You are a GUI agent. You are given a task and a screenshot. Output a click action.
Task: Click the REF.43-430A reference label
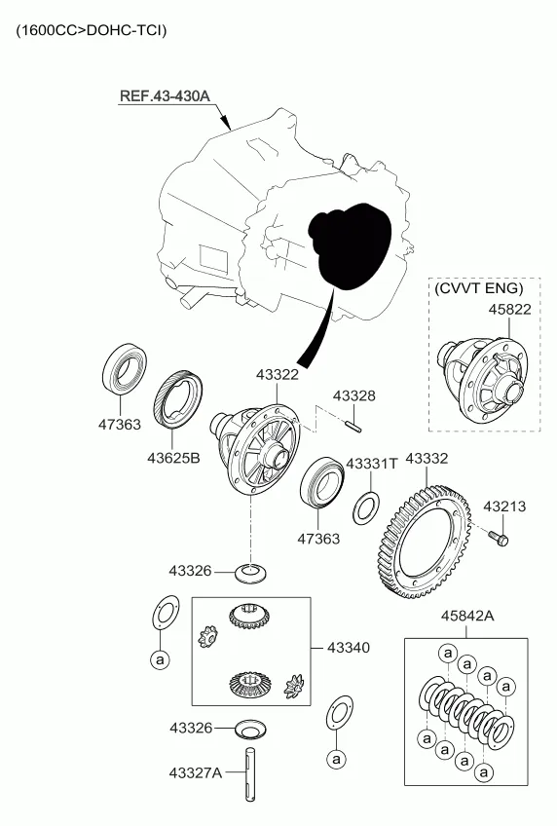(165, 95)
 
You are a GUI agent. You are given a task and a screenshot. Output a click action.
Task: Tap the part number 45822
(509, 309)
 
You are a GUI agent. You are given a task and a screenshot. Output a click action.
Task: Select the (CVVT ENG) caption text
(478, 288)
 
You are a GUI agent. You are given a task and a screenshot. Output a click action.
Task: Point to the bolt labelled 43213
(501, 539)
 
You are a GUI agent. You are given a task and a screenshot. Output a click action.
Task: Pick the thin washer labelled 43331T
(366, 507)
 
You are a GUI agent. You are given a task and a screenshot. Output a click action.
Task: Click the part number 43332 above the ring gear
(427, 459)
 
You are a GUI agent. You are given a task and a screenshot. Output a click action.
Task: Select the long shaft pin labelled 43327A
(250, 774)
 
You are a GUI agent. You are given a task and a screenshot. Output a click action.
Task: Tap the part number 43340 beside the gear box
(349, 647)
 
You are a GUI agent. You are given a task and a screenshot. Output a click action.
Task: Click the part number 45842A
(467, 616)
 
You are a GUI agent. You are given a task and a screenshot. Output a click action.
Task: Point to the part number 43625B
(173, 458)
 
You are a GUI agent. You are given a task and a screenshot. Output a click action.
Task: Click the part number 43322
(278, 375)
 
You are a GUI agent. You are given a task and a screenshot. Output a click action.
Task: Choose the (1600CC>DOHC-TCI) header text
(92, 30)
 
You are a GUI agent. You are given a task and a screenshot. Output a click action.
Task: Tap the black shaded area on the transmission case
(351, 244)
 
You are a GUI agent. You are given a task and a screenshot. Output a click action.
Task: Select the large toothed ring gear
(425, 543)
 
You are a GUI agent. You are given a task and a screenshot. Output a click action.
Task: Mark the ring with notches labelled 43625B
(179, 399)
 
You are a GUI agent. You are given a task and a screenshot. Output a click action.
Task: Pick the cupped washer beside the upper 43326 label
(250, 573)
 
